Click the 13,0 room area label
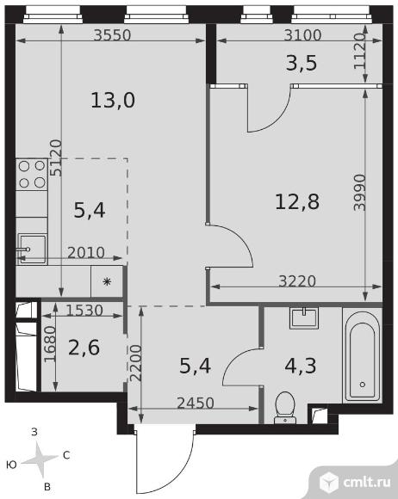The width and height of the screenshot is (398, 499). click(x=113, y=100)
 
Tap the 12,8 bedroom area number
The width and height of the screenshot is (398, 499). click(x=297, y=202)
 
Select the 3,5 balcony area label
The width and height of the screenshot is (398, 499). click(x=302, y=63)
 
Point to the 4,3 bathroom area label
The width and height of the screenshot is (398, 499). click(x=301, y=366)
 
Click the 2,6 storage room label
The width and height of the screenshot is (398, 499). click(x=84, y=348)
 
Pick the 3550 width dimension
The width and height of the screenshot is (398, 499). click(x=113, y=35)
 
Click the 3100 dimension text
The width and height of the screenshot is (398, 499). click(x=302, y=35)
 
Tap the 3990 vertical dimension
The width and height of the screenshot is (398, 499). click(x=360, y=192)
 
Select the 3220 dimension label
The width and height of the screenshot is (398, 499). click(x=297, y=281)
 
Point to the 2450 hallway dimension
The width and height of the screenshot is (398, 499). click(x=196, y=404)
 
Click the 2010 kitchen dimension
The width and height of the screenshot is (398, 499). click(x=86, y=253)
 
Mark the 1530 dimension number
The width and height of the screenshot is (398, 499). click(x=84, y=311)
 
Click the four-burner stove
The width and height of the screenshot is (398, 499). click(x=32, y=175)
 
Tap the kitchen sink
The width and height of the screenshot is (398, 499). click(x=32, y=249)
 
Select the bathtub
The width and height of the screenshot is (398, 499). click(x=363, y=355)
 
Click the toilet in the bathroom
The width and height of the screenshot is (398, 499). click(x=285, y=408)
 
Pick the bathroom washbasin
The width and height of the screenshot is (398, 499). click(x=304, y=317)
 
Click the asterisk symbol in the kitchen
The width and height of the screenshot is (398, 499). click(x=107, y=281)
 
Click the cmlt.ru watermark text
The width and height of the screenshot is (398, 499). click(x=367, y=483)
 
